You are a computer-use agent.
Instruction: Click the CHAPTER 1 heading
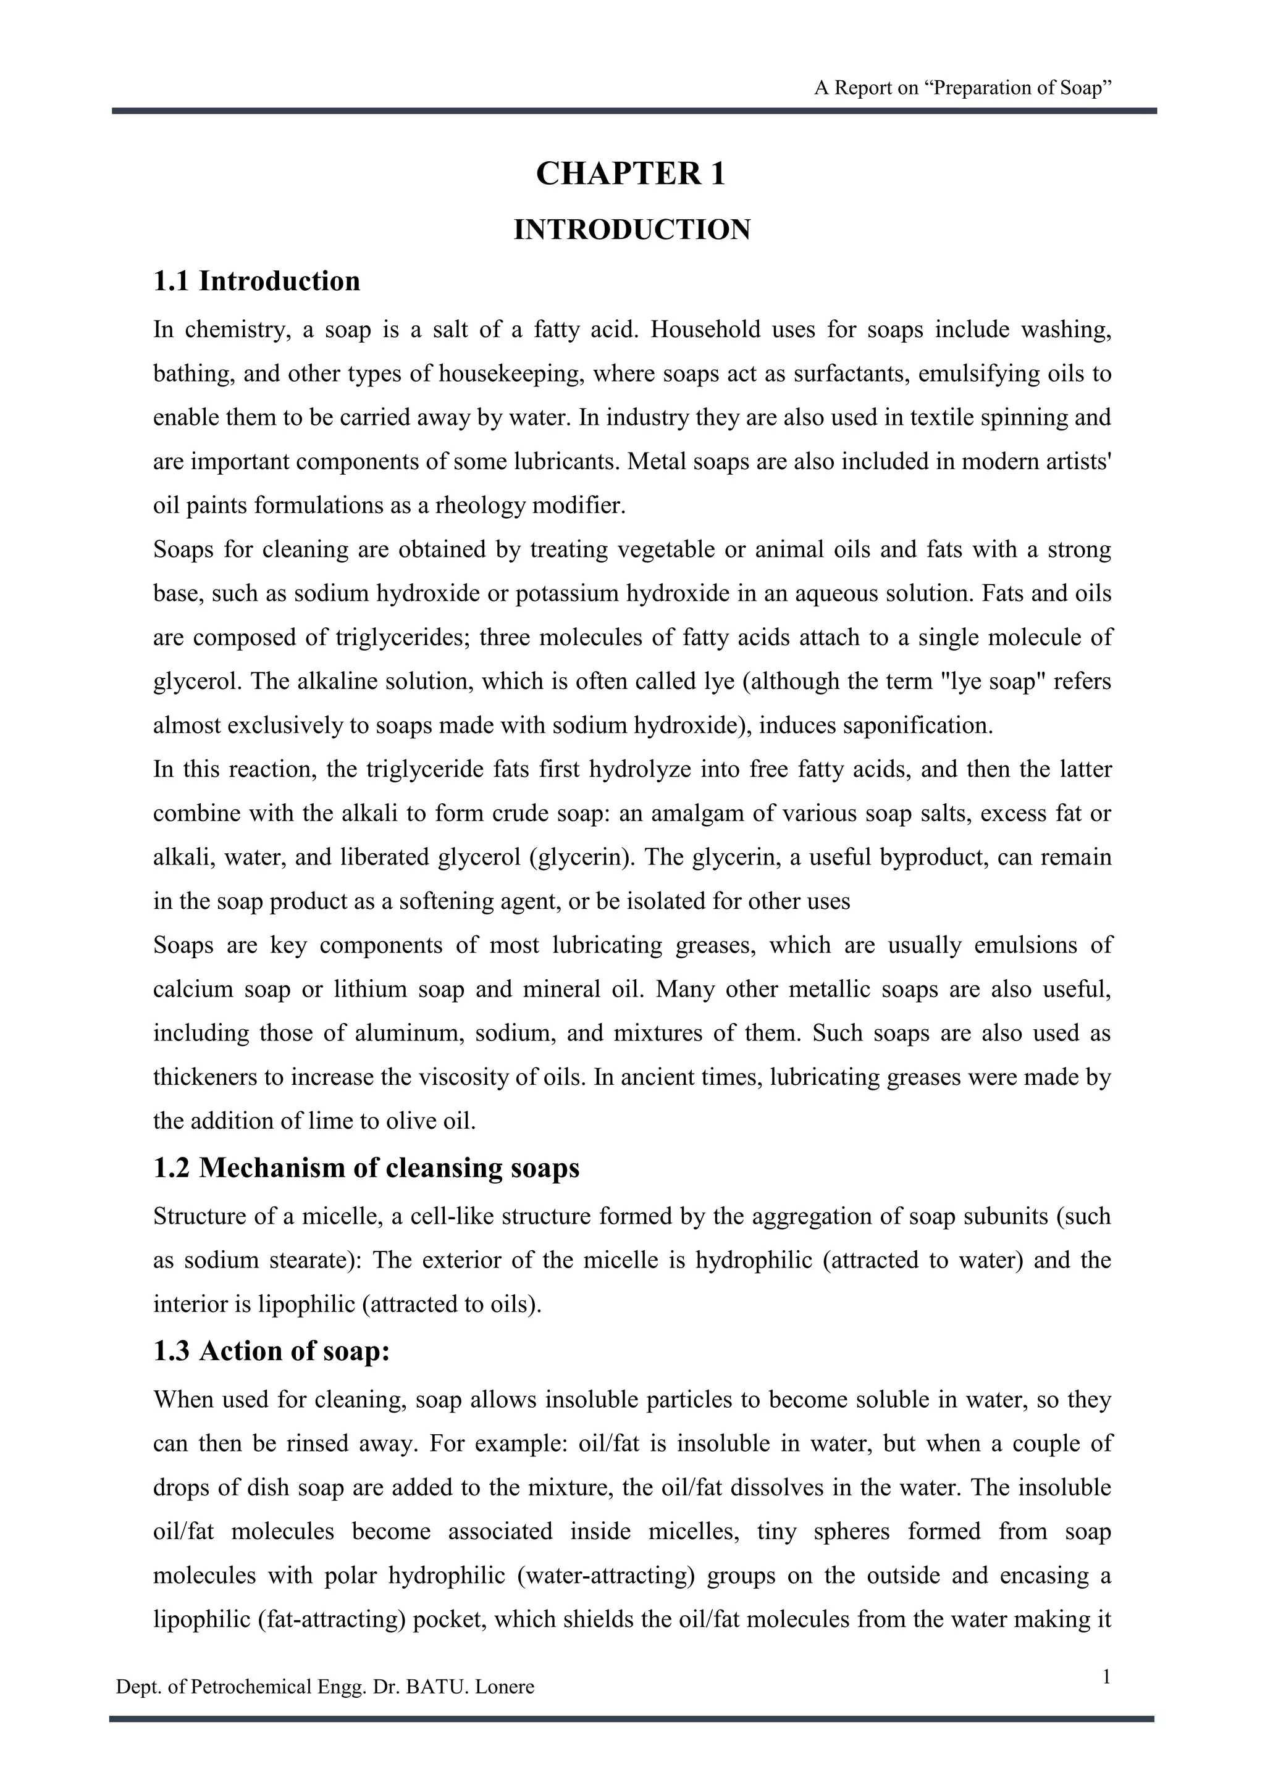point(631,173)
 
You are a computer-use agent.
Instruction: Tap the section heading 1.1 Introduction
point(256,281)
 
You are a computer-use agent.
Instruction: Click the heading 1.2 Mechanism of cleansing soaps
point(366,1168)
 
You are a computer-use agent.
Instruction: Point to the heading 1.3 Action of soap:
point(271,1351)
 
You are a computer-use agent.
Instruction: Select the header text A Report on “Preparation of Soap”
point(962,88)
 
